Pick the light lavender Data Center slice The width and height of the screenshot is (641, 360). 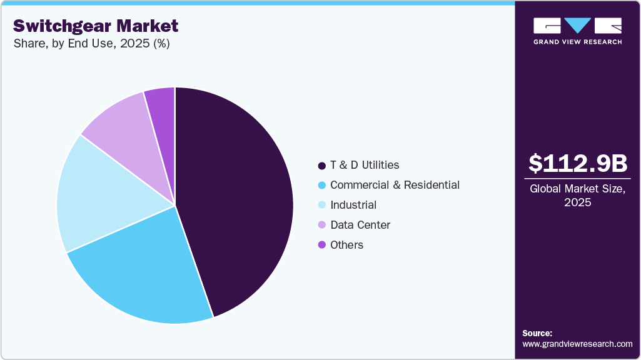pyautogui.click(x=122, y=128)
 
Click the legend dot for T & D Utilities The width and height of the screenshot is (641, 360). pyautogui.click(x=321, y=166)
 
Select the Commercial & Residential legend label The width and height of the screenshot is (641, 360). pyautogui.click(x=395, y=185)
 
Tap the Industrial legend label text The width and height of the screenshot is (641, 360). pyautogui.click(x=353, y=205)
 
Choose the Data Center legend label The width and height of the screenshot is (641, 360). pyautogui.click(x=360, y=225)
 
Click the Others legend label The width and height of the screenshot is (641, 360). pyautogui.click(x=346, y=245)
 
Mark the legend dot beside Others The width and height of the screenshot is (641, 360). pyautogui.click(x=321, y=245)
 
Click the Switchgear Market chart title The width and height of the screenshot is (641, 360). pyautogui.click(x=96, y=26)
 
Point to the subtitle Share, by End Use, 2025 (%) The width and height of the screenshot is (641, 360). pyautogui.click(x=91, y=44)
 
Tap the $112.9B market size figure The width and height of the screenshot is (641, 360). pyautogui.click(x=577, y=163)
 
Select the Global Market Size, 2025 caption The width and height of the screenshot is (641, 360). pyautogui.click(x=577, y=196)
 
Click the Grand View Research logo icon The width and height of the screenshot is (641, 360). pyautogui.click(x=577, y=26)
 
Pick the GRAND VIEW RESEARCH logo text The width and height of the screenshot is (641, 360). pyautogui.click(x=577, y=42)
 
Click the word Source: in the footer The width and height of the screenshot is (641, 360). pyautogui.click(x=537, y=333)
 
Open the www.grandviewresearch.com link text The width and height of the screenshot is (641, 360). pyautogui.click(x=577, y=344)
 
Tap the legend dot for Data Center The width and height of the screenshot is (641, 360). pyautogui.click(x=321, y=225)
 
